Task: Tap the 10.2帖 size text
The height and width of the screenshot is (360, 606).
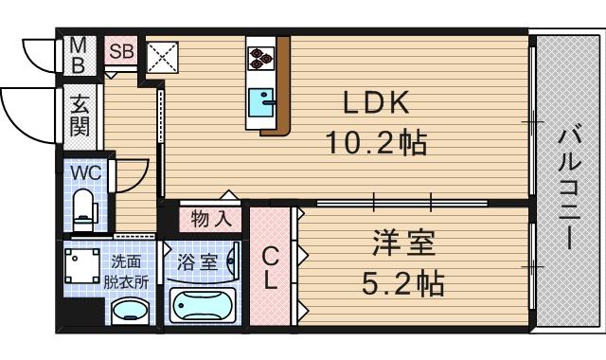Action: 376,144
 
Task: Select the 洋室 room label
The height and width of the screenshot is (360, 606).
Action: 402,243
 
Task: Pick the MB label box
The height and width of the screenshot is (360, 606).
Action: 80,55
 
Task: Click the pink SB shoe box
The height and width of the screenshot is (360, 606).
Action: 120,52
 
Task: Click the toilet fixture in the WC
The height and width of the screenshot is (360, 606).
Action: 83,208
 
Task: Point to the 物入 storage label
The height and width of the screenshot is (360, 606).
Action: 210,219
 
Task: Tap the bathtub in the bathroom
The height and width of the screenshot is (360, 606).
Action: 205,305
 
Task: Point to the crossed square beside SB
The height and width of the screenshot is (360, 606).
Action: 161,56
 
